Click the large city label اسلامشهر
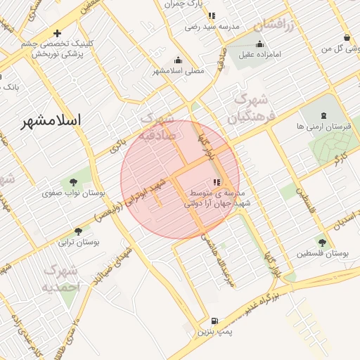click(51, 120)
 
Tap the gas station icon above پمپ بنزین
click(214, 320)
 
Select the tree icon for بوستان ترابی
click(78, 231)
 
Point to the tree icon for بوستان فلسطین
click(322, 242)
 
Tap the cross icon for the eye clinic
click(58, 33)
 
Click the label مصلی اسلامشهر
click(179, 71)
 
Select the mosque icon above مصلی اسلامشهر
click(178, 60)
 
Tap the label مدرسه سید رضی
click(212, 26)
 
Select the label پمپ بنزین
click(214, 330)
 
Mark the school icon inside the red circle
click(216, 183)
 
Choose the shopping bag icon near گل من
click(347, 38)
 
